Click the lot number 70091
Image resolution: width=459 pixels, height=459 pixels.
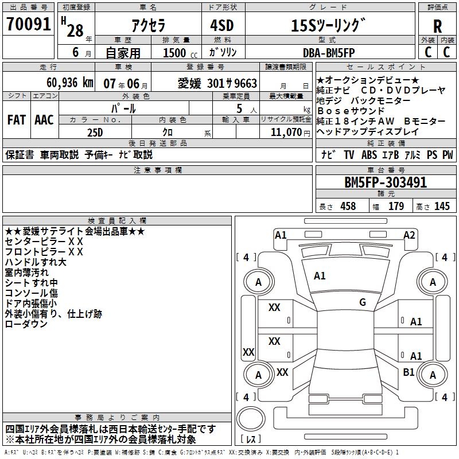point(28,25)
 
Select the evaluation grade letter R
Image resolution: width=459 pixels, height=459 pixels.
point(437,26)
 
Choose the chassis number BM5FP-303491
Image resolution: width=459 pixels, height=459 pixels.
point(386,182)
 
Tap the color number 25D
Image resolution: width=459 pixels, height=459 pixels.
point(95,132)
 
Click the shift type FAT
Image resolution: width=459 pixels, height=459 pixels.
point(16,120)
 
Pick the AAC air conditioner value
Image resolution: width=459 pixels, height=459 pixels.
point(44,120)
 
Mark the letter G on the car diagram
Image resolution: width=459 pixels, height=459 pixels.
point(363,302)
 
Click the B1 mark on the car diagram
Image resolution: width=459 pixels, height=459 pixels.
point(409,372)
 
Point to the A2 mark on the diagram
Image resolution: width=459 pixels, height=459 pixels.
point(409,235)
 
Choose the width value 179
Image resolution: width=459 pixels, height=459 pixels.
point(396,207)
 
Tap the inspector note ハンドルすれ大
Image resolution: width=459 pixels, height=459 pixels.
point(36,262)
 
